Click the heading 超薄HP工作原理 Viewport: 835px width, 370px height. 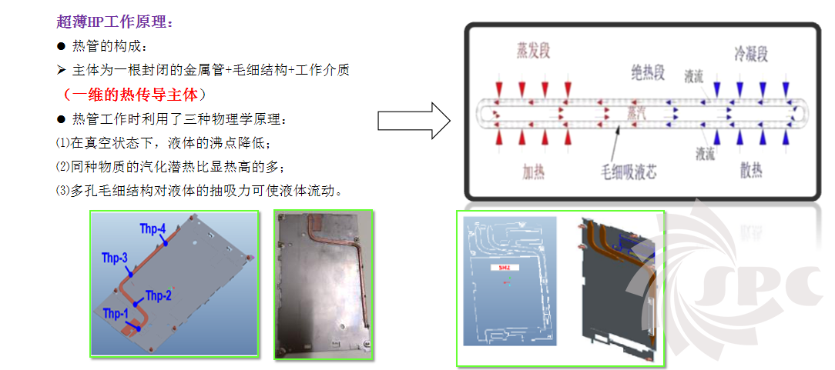[x=116, y=22]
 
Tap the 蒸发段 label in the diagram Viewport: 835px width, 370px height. [x=534, y=52]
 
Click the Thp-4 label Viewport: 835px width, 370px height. [x=153, y=228]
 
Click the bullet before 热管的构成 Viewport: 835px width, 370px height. [x=61, y=46]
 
